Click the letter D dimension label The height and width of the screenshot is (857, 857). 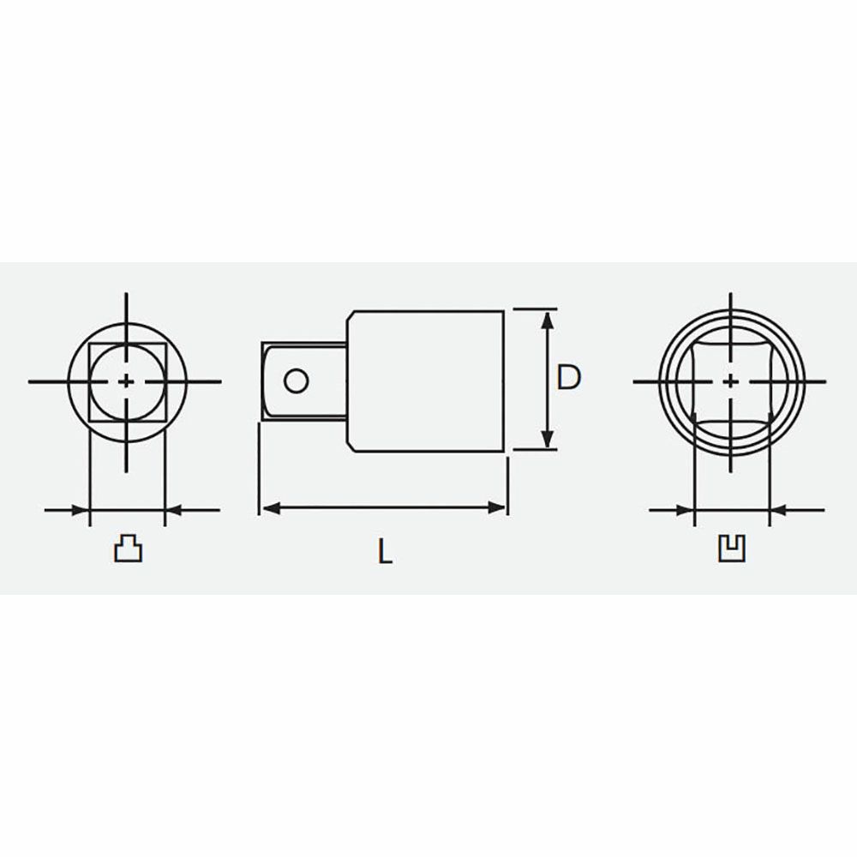pos(568,378)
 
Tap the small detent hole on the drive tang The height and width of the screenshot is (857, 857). pos(297,381)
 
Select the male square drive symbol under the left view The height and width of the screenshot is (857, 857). pos(128,548)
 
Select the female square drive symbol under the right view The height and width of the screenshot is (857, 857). pos(732,548)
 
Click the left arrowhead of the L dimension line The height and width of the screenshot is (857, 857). pos(272,507)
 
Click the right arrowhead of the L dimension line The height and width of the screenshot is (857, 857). pos(496,507)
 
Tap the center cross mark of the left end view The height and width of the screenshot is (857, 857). pos(126,381)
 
